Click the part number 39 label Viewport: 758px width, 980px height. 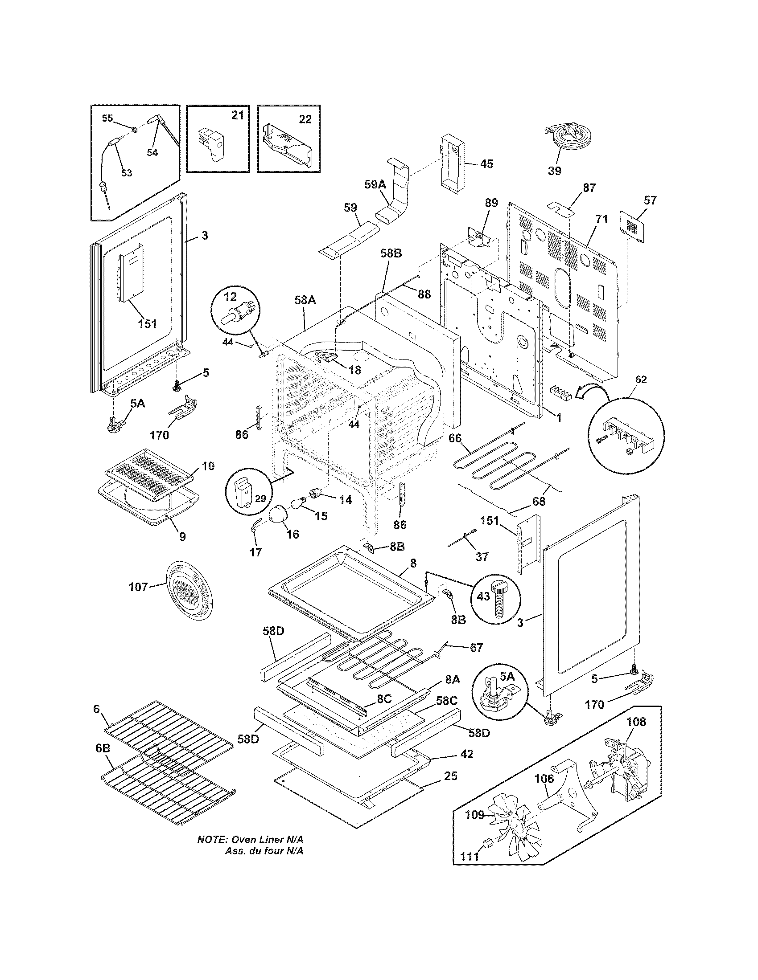pos(555,171)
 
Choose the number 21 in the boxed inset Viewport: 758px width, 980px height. pos(238,115)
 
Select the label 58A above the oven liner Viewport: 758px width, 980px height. pos(305,300)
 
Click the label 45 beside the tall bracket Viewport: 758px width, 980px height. pos(486,164)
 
